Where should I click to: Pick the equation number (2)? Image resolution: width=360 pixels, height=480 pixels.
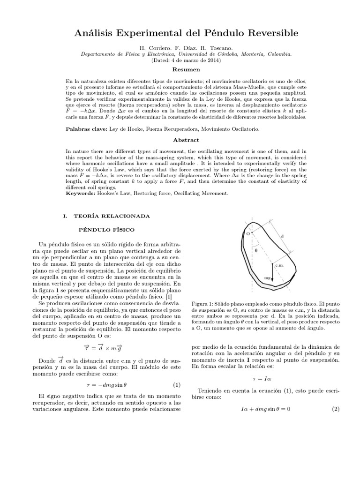click(335, 409)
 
